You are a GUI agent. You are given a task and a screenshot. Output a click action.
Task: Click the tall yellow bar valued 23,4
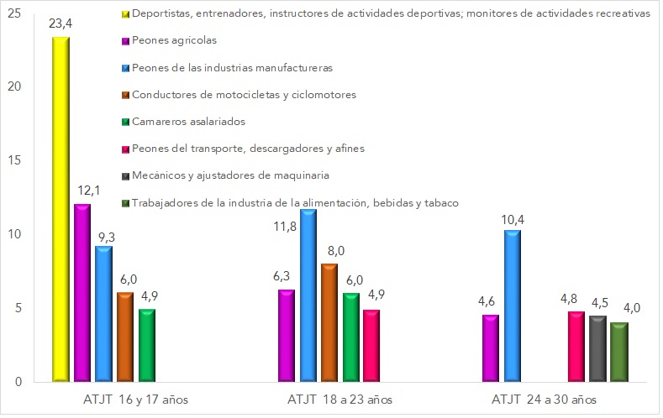pyautogui.click(x=61, y=210)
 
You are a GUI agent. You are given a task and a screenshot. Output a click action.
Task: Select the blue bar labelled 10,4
pyautogui.click(x=511, y=306)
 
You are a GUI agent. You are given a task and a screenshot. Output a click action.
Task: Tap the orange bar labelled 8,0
pyautogui.click(x=329, y=323)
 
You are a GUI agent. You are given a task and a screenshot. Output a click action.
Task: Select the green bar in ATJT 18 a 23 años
pyautogui.click(x=350, y=337)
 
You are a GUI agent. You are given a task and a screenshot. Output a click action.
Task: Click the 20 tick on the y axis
pyautogui.click(x=16, y=87)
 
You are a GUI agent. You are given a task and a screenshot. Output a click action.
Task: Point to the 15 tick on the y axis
pyautogui.click(x=16, y=160)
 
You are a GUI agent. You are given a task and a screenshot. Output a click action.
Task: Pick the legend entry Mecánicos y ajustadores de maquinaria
pyautogui.click(x=236, y=175)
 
